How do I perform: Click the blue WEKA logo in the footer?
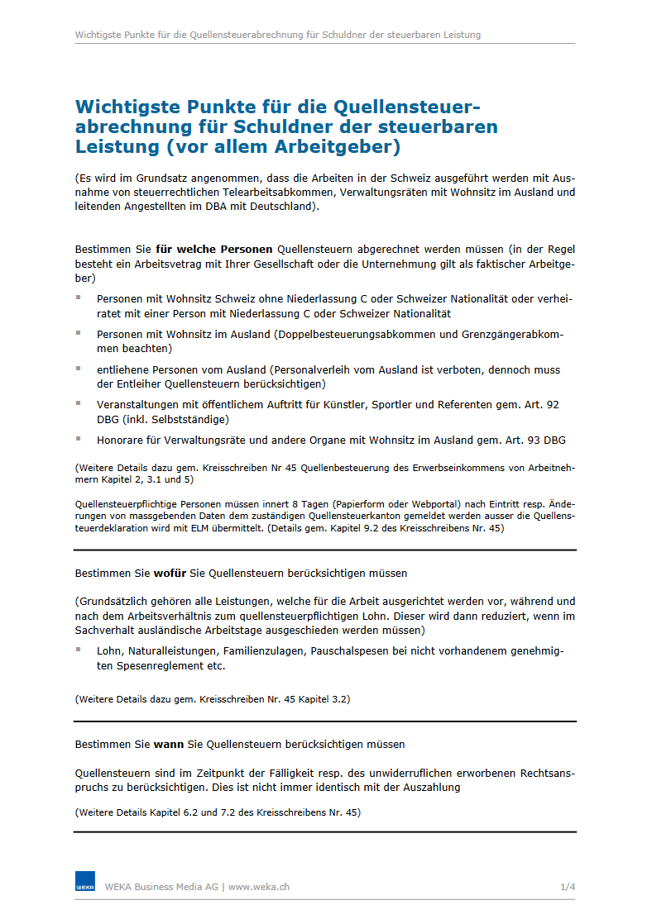(x=85, y=882)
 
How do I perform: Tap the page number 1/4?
(x=568, y=887)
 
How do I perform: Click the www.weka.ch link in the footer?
(x=259, y=887)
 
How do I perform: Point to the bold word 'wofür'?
(x=169, y=573)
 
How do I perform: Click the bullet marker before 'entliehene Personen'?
(x=79, y=368)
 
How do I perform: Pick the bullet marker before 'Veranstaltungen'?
(x=79, y=403)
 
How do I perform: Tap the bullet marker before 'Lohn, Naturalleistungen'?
(x=79, y=650)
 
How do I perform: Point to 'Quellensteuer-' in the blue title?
(x=406, y=107)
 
